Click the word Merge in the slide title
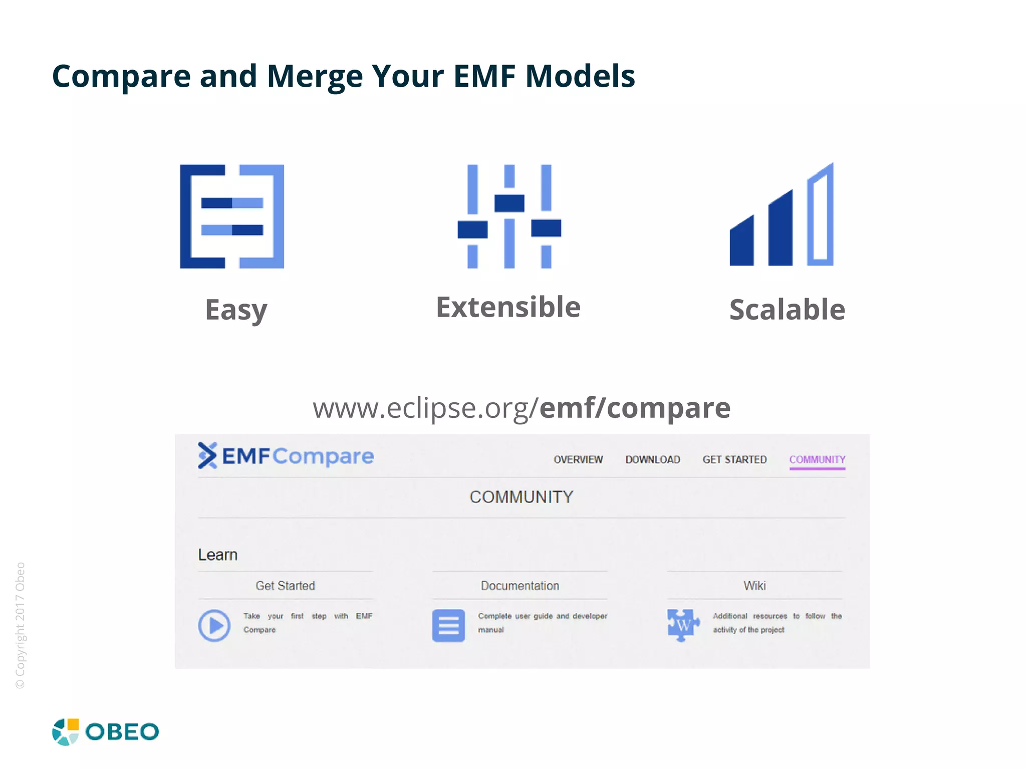[x=314, y=77]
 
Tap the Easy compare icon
[x=232, y=216]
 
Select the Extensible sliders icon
[x=509, y=216]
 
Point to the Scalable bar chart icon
[x=782, y=215]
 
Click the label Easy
[x=236, y=310]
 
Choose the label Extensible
[x=508, y=307]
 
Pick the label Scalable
[x=787, y=310]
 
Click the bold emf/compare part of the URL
[x=635, y=408]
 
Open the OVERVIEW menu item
[x=578, y=459]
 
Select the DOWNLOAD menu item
[x=652, y=459]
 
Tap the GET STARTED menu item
[x=734, y=459]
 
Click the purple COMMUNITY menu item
[x=817, y=459]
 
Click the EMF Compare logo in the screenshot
[x=286, y=456]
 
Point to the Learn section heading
[x=217, y=555]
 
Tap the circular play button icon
[x=214, y=625]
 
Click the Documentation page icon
[x=448, y=625]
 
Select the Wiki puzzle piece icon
[x=683, y=625]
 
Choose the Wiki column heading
[x=754, y=586]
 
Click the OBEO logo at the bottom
[x=106, y=732]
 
